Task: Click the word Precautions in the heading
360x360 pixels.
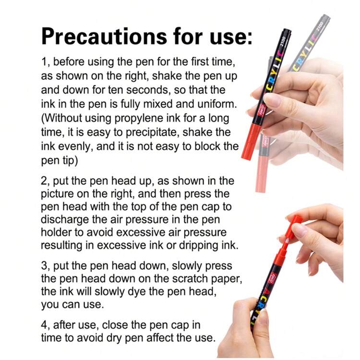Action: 104,36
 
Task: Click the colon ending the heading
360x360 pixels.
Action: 249,38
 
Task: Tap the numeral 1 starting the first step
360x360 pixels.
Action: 44,62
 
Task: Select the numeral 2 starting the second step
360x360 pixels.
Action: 44,181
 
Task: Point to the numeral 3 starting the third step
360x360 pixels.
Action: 44,266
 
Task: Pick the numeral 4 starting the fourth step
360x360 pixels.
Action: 44,325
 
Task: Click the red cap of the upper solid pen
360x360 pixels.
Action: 252,142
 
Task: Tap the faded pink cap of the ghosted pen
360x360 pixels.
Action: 263,174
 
